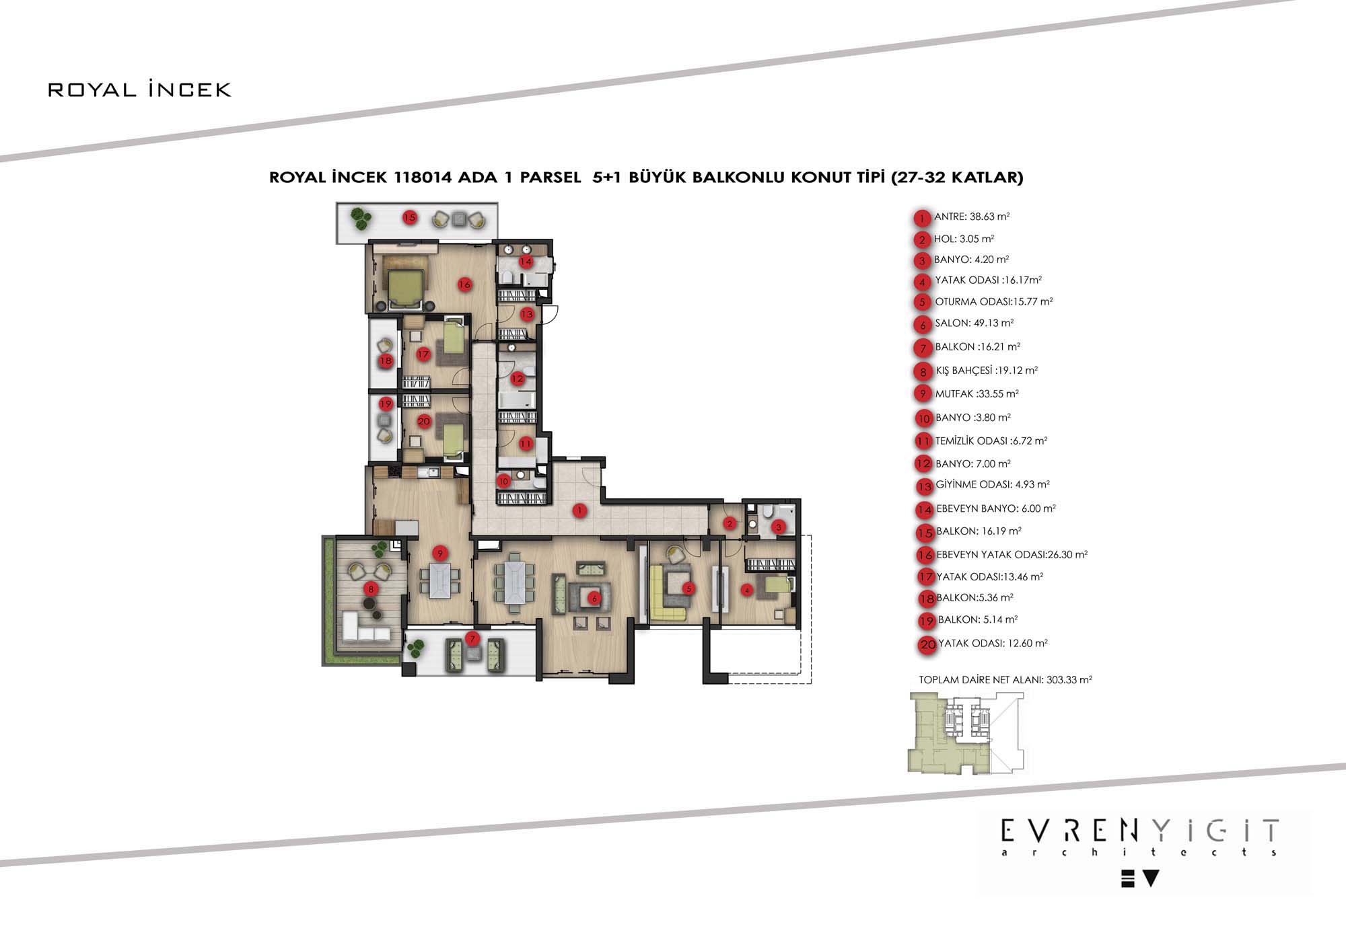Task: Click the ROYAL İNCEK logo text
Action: click(139, 89)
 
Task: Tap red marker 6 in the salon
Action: click(594, 598)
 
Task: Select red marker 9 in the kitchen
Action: click(440, 554)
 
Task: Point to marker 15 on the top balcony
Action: click(410, 217)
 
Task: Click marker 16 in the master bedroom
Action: click(464, 284)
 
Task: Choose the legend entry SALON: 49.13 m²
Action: click(974, 323)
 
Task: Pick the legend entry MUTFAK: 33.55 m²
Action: click(977, 394)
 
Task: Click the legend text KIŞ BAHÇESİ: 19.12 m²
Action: click(987, 371)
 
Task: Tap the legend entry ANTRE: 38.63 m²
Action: click(972, 217)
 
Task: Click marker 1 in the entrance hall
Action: click(580, 510)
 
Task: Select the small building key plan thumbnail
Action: click(965, 733)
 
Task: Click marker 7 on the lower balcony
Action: click(472, 638)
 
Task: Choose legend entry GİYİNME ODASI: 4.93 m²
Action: click(993, 484)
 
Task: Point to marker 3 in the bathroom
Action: click(779, 527)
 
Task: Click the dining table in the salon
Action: click(515, 582)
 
